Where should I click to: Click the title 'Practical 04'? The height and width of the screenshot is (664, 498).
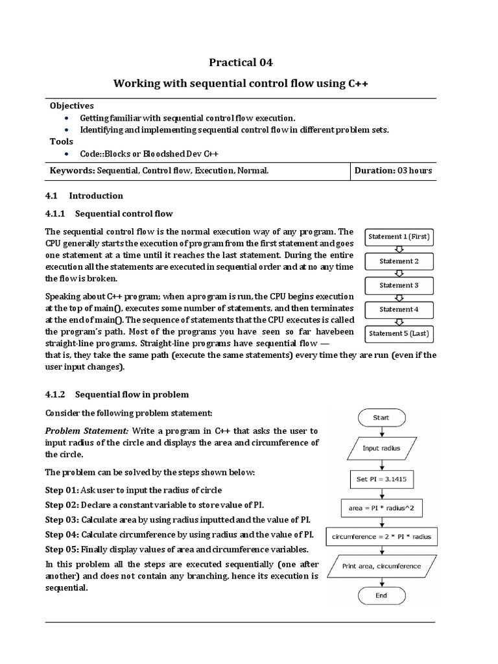point(241,63)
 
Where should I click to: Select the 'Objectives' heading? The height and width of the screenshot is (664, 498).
point(72,106)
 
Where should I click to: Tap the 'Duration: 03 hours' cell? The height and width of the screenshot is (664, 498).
point(393,171)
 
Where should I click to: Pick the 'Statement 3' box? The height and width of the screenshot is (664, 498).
point(399,285)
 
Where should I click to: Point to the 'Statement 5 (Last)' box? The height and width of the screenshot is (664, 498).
point(399,334)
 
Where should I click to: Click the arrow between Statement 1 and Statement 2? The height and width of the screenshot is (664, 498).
point(399,249)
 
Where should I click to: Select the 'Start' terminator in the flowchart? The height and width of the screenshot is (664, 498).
point(381,418)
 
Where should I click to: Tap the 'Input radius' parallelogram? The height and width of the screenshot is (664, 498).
point(381,449)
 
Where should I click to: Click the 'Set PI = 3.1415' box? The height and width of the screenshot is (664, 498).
point(381,480)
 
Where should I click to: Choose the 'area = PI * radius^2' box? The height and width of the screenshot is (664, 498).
point(381,508)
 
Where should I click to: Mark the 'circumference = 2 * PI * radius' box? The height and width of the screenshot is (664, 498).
point(381,537)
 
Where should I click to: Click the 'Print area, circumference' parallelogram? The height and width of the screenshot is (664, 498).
point(381,566)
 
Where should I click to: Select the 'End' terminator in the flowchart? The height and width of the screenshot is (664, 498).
point(381,595)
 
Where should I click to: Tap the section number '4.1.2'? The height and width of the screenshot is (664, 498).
point(55,394)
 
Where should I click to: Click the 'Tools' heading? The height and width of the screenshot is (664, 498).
point(62,141)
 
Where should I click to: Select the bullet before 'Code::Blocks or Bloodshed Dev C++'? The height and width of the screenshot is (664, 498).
point(68,154)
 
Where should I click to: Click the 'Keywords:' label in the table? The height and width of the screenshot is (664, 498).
point(73,171)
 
